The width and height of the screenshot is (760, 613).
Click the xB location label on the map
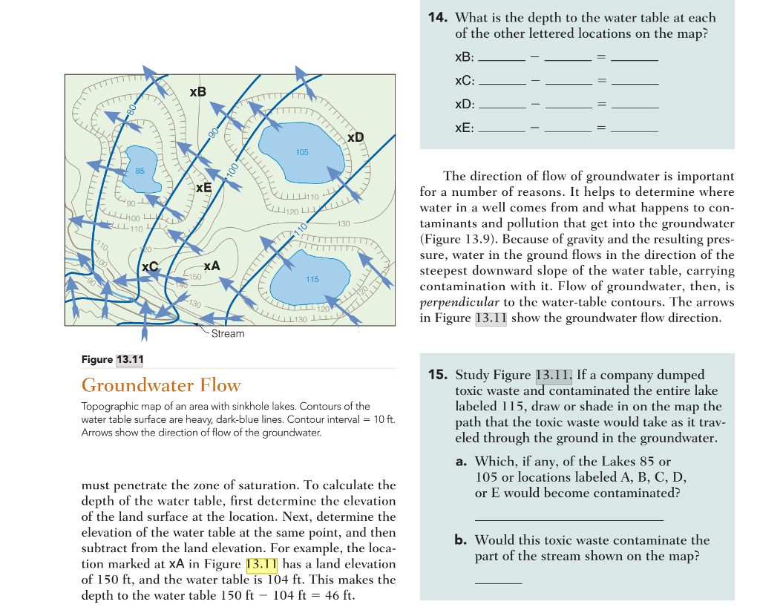(198, 92)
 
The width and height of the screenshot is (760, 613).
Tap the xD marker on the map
(356, 137)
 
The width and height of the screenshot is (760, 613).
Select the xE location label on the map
(203, 189)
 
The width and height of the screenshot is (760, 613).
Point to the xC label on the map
(149, 266)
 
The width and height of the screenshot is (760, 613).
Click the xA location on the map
(212, 266)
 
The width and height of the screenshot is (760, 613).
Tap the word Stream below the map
(227, 333)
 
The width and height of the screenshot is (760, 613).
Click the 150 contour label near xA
(194, 276)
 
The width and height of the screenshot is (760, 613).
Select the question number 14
(438, 16)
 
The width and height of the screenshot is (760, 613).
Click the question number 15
(438, 374)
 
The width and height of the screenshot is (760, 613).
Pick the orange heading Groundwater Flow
(161, 385)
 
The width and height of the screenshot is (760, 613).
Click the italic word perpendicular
(459, 302)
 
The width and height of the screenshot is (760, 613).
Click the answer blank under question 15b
(498, 581)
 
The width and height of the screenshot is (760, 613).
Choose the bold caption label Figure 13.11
(113, 360)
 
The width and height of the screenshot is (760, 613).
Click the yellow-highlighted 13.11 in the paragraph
(261, 565)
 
